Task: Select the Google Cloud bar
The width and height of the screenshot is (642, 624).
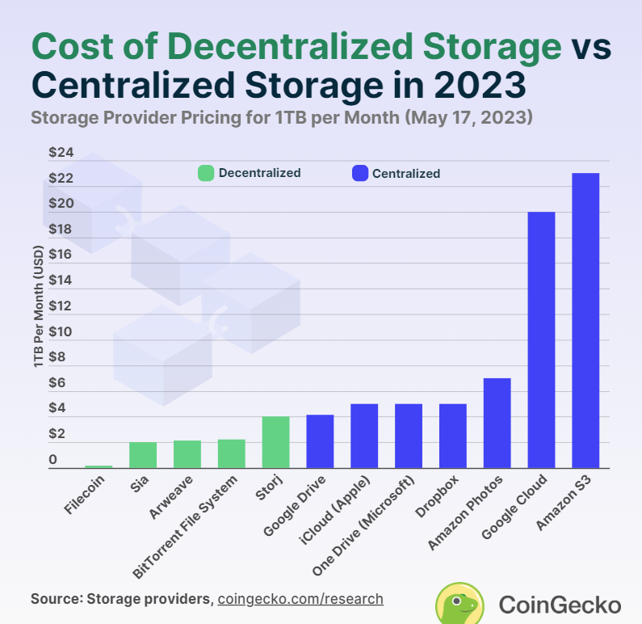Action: (x=541, y=339)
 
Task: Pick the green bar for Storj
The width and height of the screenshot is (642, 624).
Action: (x=275, y=442)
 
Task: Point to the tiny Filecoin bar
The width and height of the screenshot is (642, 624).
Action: (x=99, y=466)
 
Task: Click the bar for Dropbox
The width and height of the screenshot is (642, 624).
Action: (x=452, y=436)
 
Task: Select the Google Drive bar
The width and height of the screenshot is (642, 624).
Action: (x=320, y=441)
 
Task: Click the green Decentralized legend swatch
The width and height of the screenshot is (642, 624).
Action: (x=206, y=173)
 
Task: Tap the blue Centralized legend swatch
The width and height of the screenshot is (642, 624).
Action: (x=359, y=173)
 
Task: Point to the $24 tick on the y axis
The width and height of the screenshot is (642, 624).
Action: (x=61, y=152)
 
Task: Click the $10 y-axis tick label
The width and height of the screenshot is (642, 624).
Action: (x=61, y=332)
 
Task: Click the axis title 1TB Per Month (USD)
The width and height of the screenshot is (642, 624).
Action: (x=39, y=306)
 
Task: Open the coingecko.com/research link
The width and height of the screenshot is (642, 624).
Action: (x=300, y=599)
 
